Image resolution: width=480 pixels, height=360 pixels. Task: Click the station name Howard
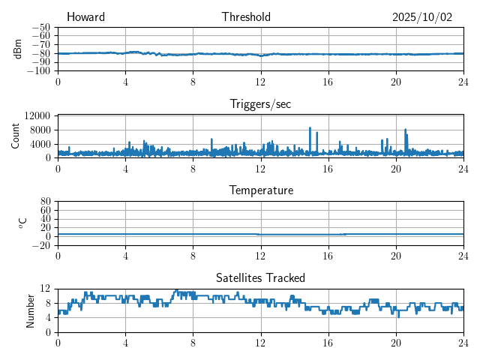point(85,17)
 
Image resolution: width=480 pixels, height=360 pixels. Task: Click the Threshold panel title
point(246,17)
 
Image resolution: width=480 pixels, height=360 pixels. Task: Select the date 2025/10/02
point(422,17)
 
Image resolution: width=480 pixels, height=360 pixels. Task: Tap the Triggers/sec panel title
point(260,104)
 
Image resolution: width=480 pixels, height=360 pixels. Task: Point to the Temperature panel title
point(260,190)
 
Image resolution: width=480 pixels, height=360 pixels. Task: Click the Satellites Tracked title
point(260,277)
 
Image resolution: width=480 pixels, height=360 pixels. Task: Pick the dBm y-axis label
point(18,49)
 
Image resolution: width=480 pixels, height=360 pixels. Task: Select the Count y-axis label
point(16,136)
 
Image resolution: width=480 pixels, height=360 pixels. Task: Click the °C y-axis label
point(22,223)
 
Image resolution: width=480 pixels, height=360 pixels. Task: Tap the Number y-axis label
point(30,310)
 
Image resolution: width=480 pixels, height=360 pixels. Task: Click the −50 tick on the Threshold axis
point(40,27)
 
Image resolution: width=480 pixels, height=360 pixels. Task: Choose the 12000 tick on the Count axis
point(37,115)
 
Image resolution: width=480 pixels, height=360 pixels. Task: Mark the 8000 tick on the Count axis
point(39,129)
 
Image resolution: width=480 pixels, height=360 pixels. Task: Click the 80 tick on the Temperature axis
point(45,201)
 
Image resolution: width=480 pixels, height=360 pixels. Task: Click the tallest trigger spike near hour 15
point(310,128)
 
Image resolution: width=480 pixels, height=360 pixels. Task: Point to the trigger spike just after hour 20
point(406,130)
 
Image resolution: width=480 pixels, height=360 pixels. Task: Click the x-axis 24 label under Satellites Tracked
point(463,342)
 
